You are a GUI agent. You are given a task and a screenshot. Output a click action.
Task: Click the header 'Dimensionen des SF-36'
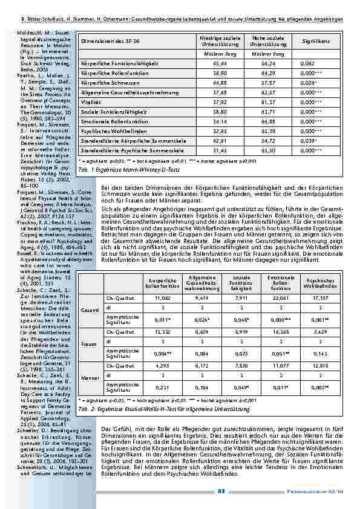coord(111,42)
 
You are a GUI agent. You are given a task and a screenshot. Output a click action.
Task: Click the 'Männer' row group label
coord(90,378)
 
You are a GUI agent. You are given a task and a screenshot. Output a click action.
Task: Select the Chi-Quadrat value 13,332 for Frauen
coord(165,332)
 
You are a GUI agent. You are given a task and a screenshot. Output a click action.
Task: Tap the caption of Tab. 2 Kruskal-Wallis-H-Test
coord(163,409)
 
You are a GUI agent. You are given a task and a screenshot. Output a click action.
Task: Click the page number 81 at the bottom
coord(221,491)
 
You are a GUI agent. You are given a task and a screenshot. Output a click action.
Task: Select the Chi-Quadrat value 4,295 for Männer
coord(165,366)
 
